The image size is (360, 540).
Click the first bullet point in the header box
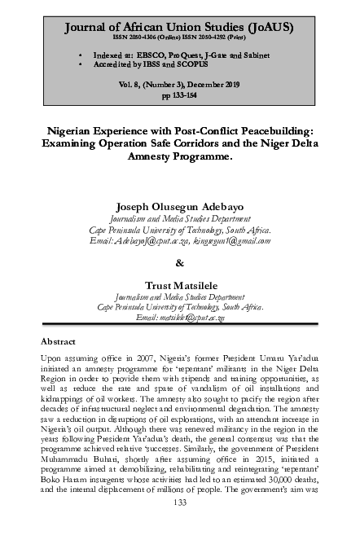coord(81,51)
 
